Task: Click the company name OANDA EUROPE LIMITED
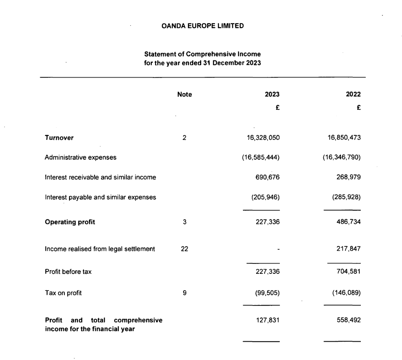pos(202,26)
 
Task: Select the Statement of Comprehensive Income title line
pos(202,54)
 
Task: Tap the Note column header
pos(184,94)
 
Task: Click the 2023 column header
pos(272,94)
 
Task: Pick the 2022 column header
pos(353,94)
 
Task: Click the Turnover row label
pos(59,138)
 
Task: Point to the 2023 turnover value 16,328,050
pos(263,138)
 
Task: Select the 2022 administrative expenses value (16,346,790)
pos(341,157)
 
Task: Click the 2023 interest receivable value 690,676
pos(267,177)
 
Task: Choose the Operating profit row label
pos(70,222)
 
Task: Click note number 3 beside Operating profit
pos(184,222)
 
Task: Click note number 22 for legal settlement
pos(184,249)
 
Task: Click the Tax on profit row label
pos(63,293)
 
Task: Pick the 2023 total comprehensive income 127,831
pos(267,320)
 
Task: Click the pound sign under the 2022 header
pos(358,107)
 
